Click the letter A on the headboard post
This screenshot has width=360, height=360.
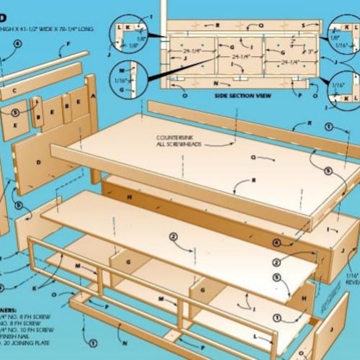pos(93,94)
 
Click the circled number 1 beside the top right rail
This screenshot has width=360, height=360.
pos(329,127)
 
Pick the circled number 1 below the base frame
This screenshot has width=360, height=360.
pos(92,344)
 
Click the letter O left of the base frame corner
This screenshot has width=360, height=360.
pos(54,294)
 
